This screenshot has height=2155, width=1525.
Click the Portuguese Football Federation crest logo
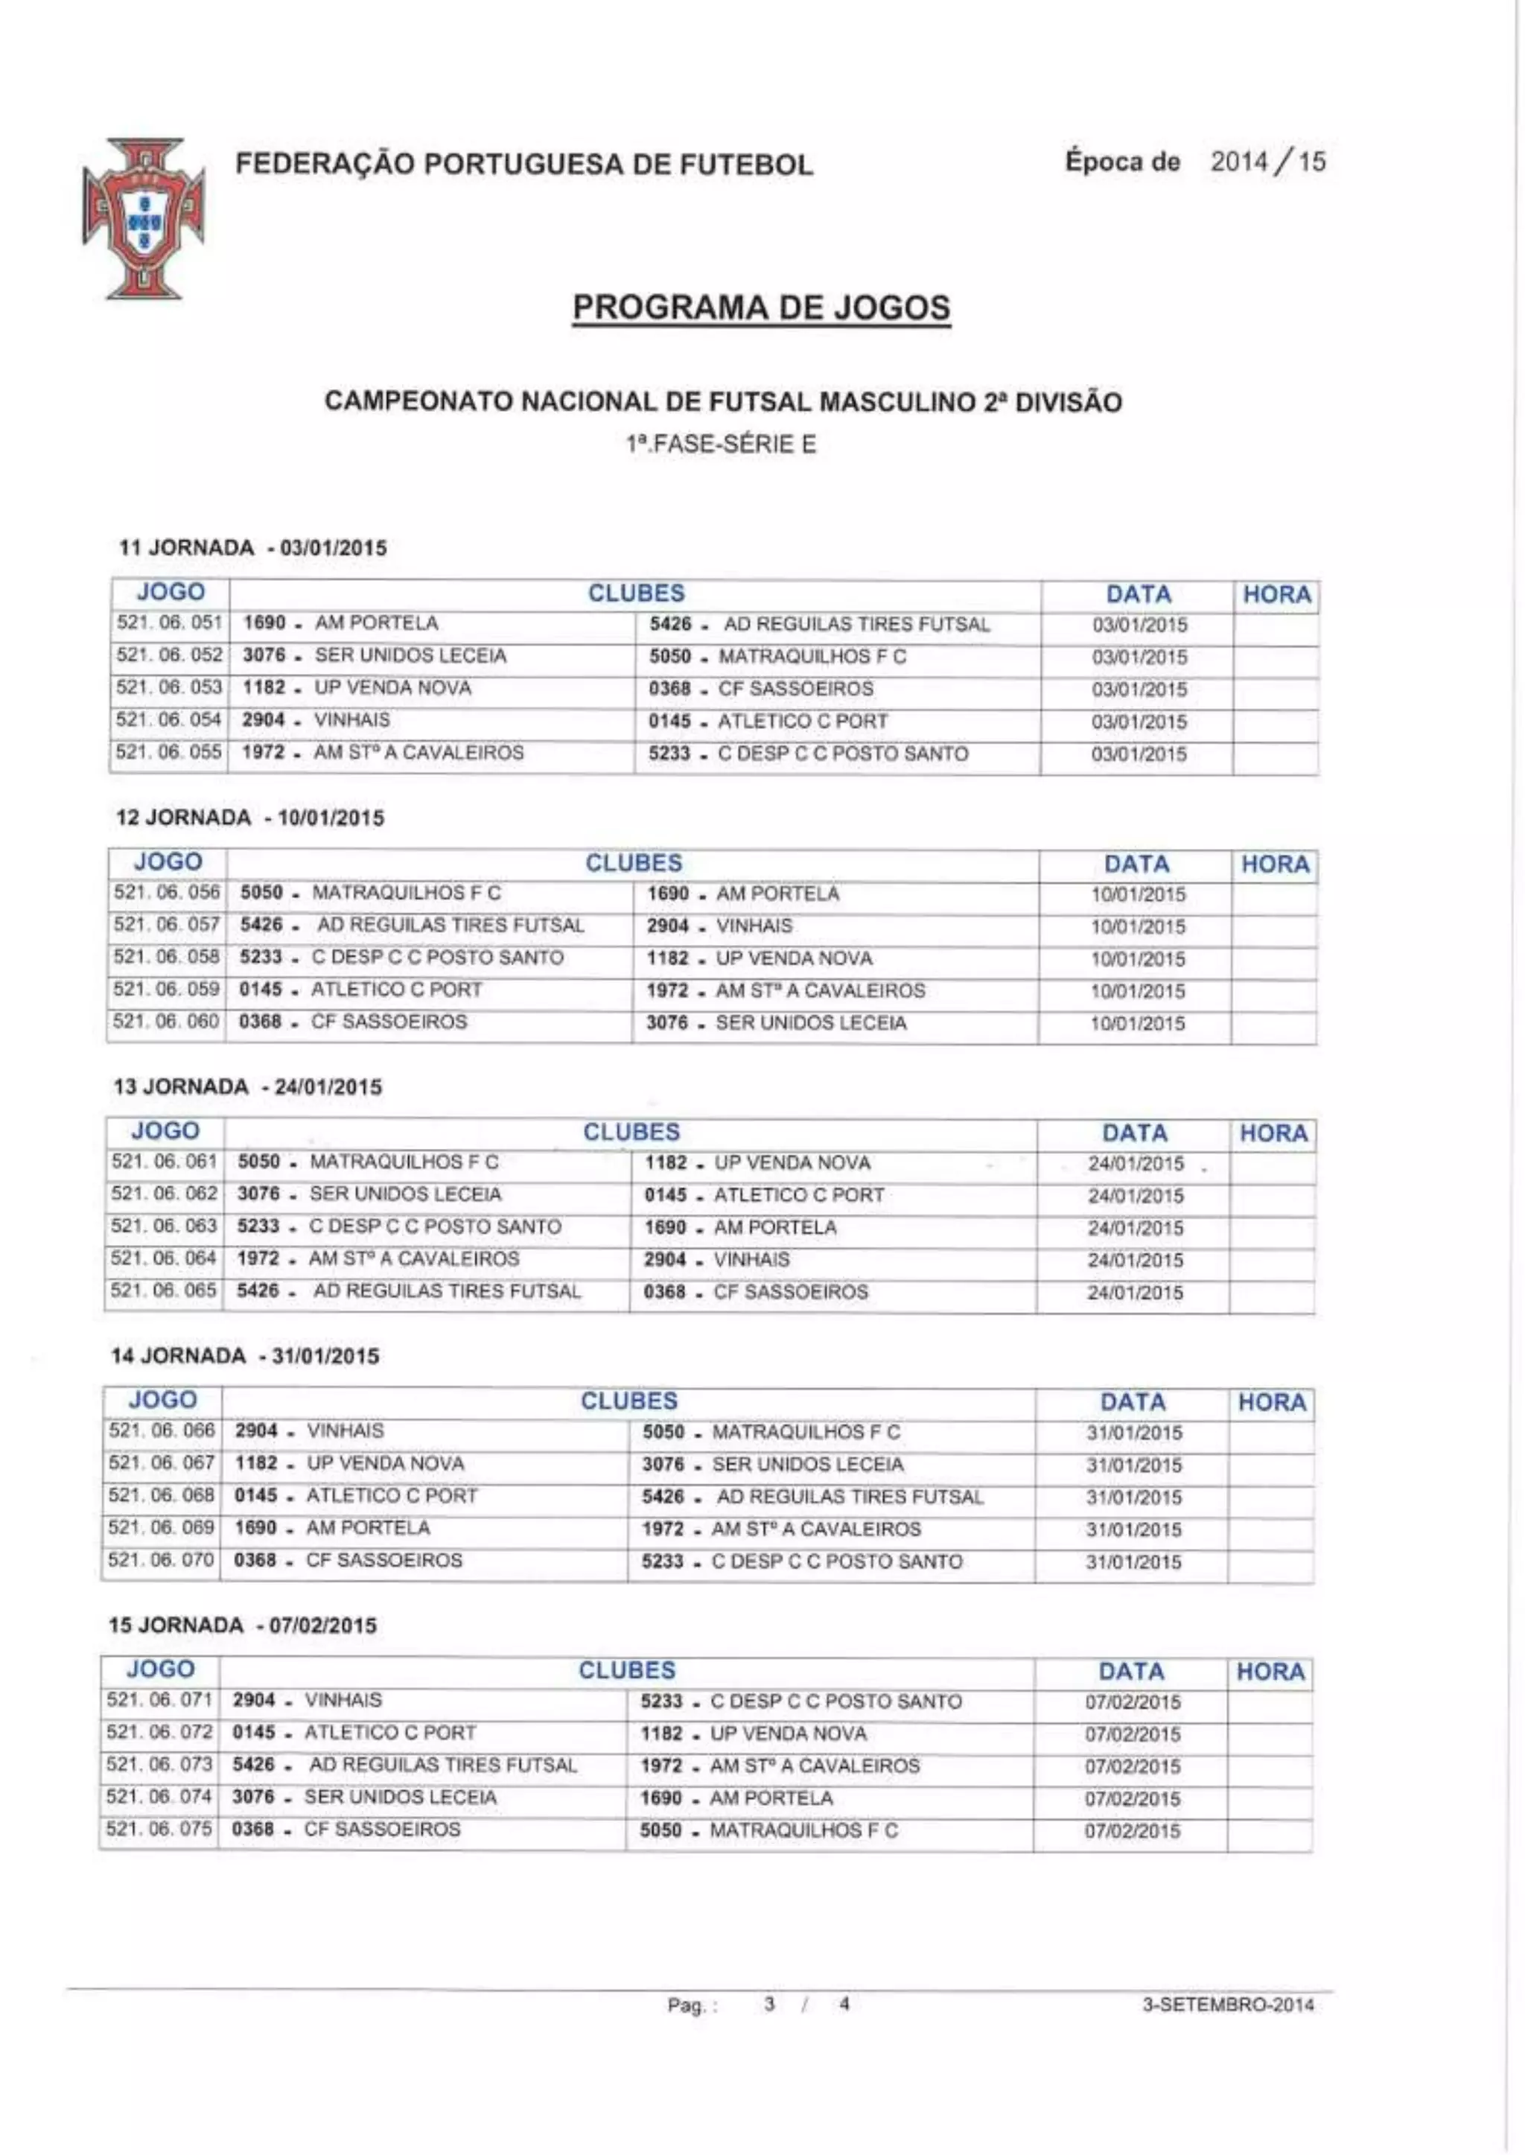144,218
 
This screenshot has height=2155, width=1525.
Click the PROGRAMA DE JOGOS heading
762,308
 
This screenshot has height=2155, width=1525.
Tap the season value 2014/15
1267,162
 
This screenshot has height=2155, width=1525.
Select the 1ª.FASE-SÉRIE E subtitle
722,444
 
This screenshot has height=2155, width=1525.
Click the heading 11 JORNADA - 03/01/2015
252,548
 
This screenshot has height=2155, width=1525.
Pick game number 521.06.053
169,687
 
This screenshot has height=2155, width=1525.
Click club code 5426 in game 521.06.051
670,625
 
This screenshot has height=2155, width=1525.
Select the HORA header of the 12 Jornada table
1274,864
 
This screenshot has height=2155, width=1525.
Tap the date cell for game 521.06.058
1137,958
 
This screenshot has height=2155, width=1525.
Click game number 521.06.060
166,1022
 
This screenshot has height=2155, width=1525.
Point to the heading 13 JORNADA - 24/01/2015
248,1087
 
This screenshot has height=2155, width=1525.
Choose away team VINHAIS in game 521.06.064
751,1259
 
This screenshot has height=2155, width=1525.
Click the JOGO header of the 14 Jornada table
162,1400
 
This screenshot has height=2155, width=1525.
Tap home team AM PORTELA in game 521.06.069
368,1528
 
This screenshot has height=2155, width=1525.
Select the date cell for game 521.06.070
1133,1562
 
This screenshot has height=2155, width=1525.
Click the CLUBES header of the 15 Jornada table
626,1669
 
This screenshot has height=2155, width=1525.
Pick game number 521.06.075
159,1829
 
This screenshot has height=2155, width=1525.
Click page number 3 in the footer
770,2004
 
